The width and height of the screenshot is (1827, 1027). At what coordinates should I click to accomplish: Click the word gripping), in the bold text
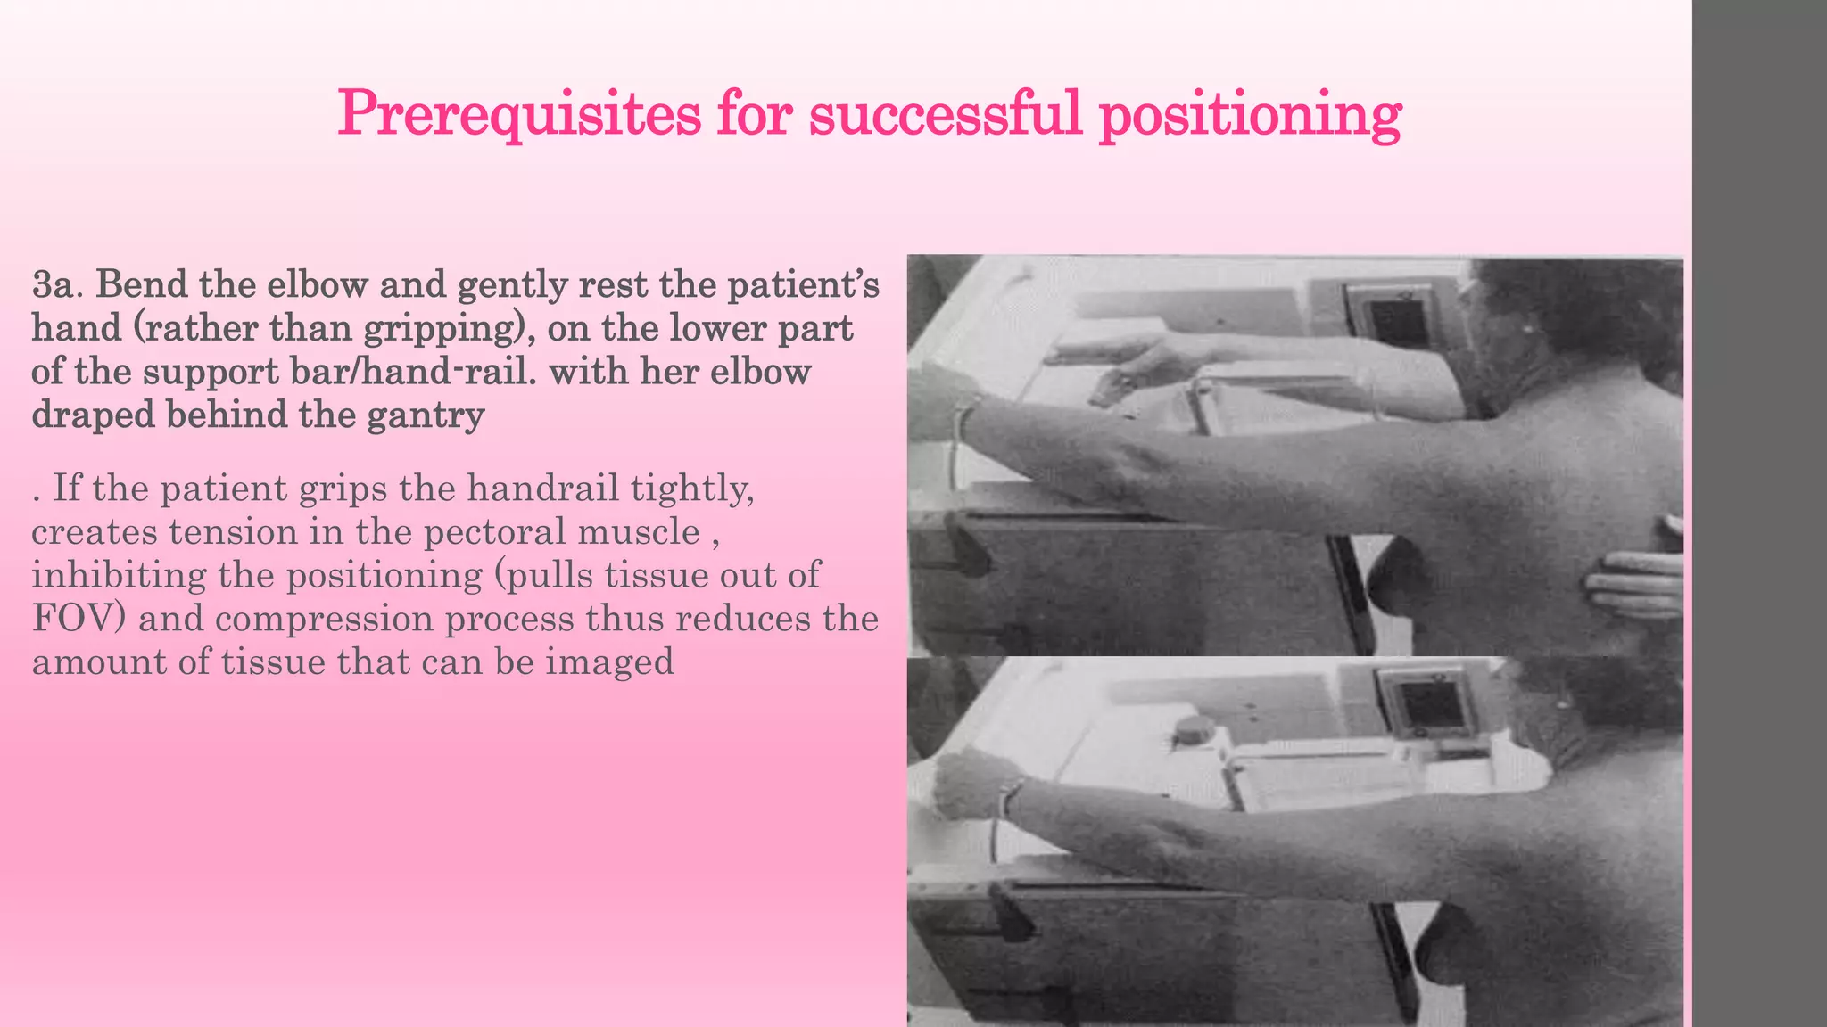pos(443,328)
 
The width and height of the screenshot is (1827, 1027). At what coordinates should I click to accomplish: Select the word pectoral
pos(493,532)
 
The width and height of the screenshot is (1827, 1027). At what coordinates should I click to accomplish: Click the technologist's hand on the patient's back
pos(1633,583)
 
